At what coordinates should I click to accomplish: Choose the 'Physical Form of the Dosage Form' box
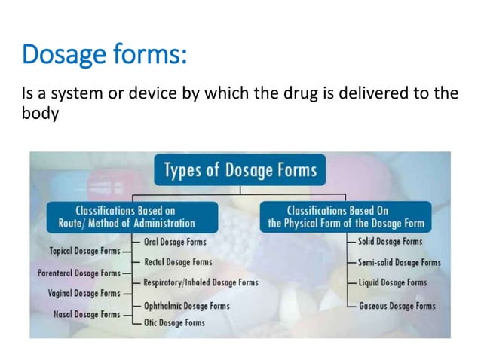346,217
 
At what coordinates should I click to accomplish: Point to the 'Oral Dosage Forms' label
175,242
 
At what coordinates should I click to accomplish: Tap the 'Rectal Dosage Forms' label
178,262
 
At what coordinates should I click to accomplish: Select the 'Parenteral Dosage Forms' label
78,273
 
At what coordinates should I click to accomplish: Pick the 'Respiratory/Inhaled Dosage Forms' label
201,282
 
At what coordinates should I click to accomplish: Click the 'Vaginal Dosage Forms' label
84,293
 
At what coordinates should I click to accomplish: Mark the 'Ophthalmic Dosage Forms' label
187,306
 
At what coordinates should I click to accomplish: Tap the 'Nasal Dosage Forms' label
87,313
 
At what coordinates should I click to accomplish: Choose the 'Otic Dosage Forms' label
174,322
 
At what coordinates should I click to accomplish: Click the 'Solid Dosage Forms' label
391,242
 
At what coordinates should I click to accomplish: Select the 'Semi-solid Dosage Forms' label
399,262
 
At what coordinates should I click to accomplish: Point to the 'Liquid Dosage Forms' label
392,282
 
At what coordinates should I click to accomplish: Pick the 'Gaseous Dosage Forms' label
397,306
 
